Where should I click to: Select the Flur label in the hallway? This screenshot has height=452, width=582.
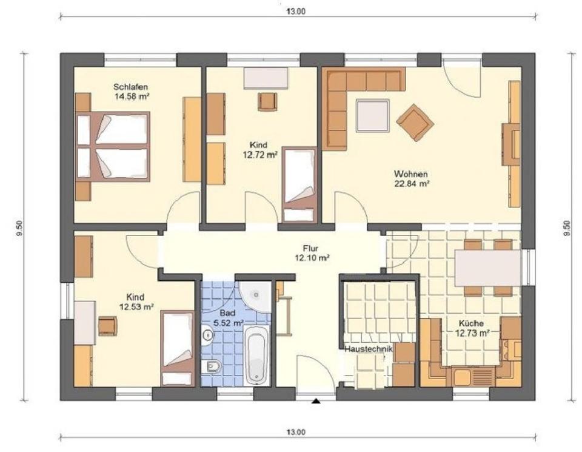tap(310, 248)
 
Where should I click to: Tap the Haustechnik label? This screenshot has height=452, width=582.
tap(368, 350)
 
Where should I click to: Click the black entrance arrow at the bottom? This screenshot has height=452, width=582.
tap(315, 401)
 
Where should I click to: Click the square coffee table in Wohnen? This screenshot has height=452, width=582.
tap(373, 116)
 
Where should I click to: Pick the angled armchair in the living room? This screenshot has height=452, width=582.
tap(415, 121)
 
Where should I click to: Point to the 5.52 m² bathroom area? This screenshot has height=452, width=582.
tap(230, 324)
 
